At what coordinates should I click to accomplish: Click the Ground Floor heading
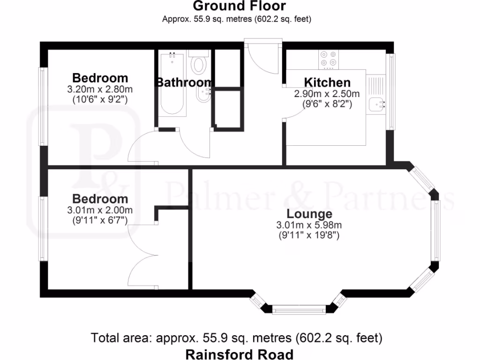[x=239, y=6]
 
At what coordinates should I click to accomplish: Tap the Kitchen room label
[x=327, y=82]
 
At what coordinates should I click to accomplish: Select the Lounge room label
[x=309, y=214]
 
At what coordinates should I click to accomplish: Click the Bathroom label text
[x=184, y=82]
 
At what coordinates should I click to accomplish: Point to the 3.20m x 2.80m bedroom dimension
[x=100, y=89]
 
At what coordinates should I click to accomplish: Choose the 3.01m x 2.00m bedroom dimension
[x=100, y=210]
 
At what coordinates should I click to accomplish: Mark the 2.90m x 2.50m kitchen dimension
[x=327, y=94]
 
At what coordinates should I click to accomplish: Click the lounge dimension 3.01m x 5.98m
[x=309, y=225]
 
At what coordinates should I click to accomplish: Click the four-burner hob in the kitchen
[x=328, y=59]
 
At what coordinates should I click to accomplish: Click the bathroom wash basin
[x=202, y=96]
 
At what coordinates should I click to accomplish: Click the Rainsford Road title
[x=239, y=354]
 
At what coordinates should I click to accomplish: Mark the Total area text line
[x=237, y=337]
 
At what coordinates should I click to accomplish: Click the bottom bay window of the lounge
[x=299, y=309]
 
